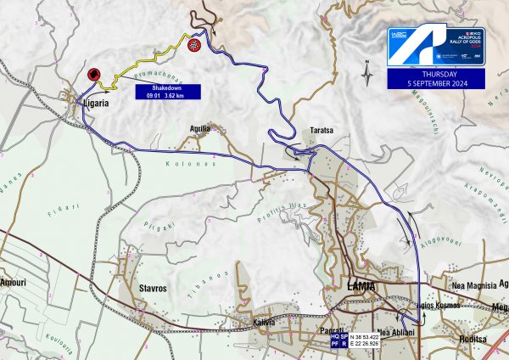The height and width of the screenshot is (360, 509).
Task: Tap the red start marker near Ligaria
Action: pos(93,75)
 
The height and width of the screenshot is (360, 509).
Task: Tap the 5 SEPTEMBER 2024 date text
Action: pos(436,83)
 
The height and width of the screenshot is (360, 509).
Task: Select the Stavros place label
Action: pos(153,289)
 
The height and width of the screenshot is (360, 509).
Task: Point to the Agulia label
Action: pos(200,128)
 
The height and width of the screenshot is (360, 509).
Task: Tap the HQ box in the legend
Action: pos(336,337)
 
